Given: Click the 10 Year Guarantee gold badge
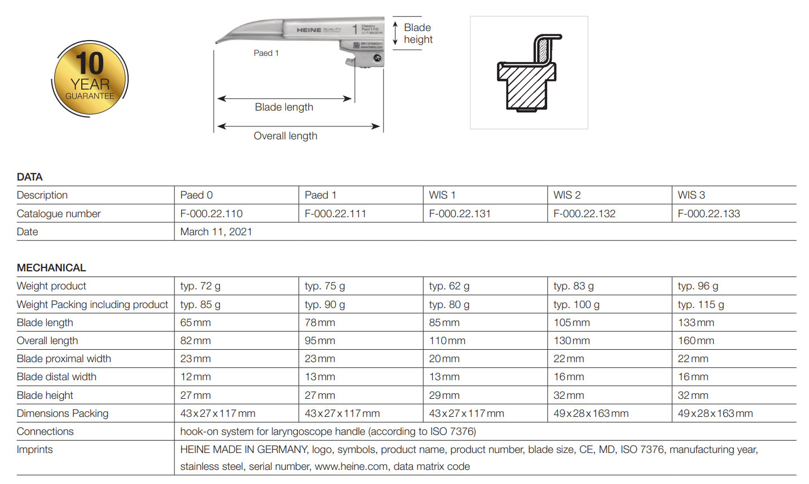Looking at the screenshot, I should [x=90, y=79].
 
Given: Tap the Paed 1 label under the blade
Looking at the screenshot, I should [x=266, y=53].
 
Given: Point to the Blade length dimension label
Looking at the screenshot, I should [x=284, y=107].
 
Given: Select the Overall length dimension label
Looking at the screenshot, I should [x=285, y=136].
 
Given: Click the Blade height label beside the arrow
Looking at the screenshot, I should [x=418, y=33].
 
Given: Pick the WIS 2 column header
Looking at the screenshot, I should [x=567, y=195].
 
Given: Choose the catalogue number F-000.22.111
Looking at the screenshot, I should [x=335, y=214].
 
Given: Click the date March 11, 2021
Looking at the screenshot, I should [x=216, y=232].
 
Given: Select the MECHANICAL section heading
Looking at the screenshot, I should [x=51, y=268].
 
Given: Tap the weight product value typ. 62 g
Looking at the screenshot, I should [x=449, y=286].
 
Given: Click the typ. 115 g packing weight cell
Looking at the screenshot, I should [x=701, y=305].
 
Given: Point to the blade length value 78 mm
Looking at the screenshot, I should [x=320, y=323].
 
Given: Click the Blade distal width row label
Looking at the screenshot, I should [x=56, y=377].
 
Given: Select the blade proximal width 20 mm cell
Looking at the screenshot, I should [x=444, y=359].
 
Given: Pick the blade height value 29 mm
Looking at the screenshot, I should [x=444, y=395].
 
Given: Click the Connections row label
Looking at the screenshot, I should [x=45, y=432].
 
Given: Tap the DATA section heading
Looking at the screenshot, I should [x=30, y=177].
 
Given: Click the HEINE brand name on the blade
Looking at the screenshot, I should [x=309, y=30].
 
